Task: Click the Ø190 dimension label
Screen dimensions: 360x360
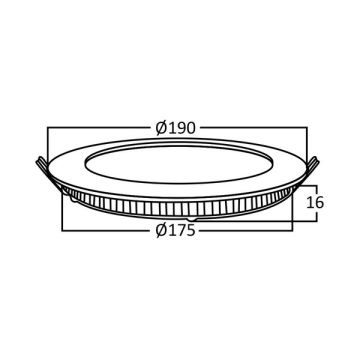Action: pos(175,128)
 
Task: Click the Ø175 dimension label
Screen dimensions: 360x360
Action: pos(175,230)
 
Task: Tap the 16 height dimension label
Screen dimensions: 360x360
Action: pos(315,202)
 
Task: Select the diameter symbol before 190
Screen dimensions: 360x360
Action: pos(161,128)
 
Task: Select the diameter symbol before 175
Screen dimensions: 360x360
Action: pos(161,230)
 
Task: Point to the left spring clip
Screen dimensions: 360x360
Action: pos(43,165)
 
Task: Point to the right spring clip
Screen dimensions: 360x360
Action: pos(312,165)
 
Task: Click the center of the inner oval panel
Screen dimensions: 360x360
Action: pos(179,164)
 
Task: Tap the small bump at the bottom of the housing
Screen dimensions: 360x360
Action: pos(192,219)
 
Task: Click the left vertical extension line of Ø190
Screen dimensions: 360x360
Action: pos(48,145)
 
